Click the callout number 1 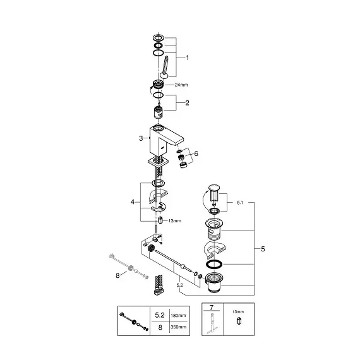click(x=188, y=57)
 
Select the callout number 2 click(x=188, y=103)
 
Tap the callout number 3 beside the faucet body click(x=141, y=138)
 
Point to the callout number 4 click(x=133, y=202)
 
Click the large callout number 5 click(x=263, y=249)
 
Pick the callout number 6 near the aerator click(x=196, y=153)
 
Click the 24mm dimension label click(x=181, y=85)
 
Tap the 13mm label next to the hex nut click(x=175, y=221)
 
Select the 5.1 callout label click(x=240, y=203)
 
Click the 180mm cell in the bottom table click(x=178, y=315)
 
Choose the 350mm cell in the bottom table click(x=178, y=327)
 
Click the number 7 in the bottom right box click(x=212, y=307)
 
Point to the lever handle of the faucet click(x=165, y=68)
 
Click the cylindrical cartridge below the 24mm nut click(x=159, y=112)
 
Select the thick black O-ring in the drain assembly click(x=214, y=264)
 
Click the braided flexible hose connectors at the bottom click(x=159, y=284)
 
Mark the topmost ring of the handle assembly click(x=158, y=37)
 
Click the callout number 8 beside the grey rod click(x=117, y=275)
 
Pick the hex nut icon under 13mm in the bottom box click(x=239, y=321)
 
